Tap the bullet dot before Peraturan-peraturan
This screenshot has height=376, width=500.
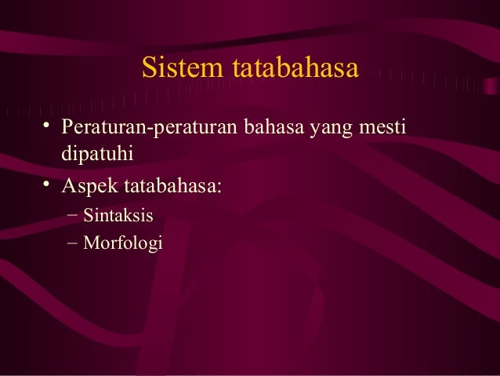tap(49, 126)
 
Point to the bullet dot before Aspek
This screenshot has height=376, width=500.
tap(49, 185)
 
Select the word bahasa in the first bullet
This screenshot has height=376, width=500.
tap(274, 126)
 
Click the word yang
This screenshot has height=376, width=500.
tap(335, 128)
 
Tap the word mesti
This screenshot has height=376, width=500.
tap(387, 126)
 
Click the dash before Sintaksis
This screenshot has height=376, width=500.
tap(72, 214)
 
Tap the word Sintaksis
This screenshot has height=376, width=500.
tap(118, 215)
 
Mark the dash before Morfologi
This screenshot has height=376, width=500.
tap(72, 243)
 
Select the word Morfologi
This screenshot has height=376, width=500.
tap(122, 244)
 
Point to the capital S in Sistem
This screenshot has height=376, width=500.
tap(148, 69)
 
